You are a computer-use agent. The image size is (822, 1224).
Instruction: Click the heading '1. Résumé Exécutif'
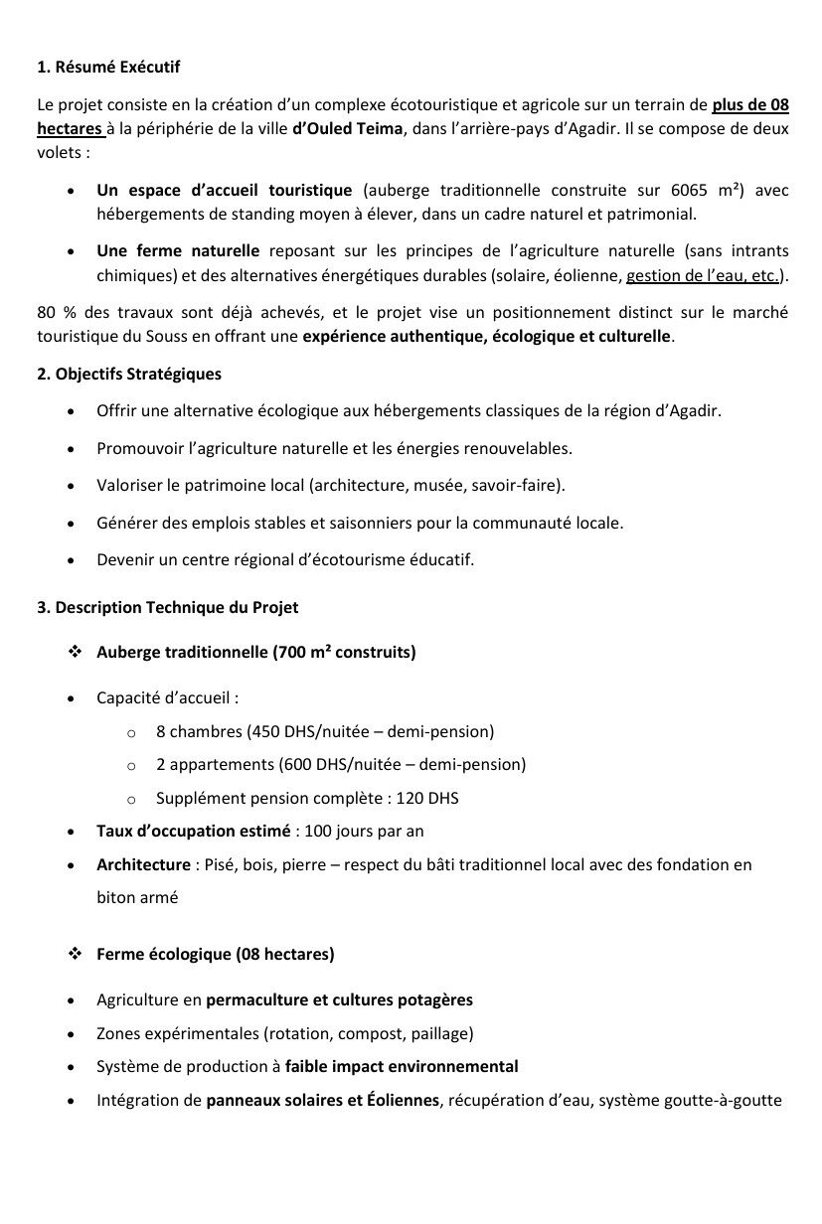(108, 68)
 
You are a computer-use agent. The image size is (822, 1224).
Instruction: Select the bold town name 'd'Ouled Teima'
(348, 129)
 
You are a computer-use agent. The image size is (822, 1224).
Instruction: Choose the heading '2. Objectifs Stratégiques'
(129, 374)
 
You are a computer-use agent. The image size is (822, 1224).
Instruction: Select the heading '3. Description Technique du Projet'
(167, 606)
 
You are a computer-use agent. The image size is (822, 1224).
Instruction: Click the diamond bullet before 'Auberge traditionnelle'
(75, 652)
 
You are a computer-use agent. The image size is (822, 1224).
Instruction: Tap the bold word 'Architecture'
(143, 864)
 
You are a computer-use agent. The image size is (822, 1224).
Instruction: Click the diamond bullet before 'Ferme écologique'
(75, 954)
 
